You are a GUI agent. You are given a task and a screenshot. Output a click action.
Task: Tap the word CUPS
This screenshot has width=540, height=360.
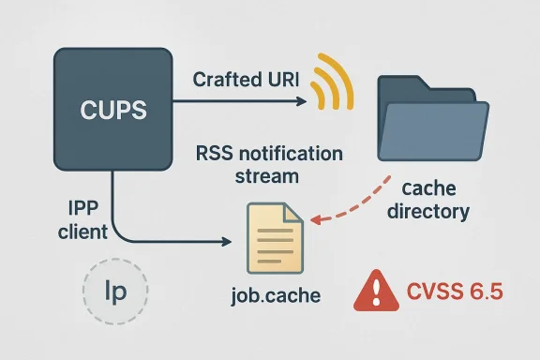pos(112,110)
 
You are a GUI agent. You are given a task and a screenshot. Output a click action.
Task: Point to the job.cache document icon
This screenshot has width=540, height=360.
pos(274,239)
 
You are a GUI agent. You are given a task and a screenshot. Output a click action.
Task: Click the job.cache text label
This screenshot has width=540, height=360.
pos(276,295)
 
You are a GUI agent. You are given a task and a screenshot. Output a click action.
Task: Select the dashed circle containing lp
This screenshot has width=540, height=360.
pos(112,290)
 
